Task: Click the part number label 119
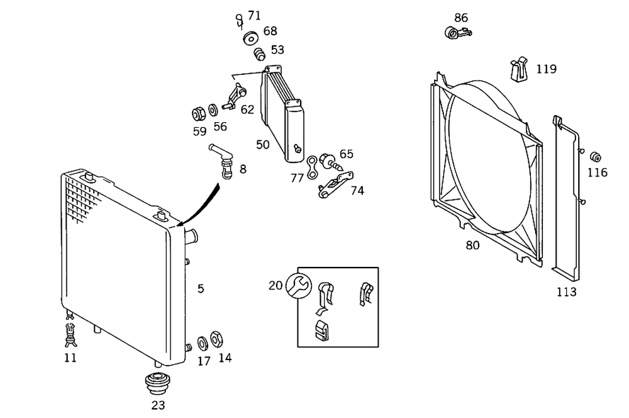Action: (547, 69)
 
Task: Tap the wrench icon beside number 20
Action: (298, 285)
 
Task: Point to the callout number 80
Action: (472, 246)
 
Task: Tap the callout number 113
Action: (566, 292)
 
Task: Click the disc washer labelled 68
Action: (252, 38)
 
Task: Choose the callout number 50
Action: (262, 145)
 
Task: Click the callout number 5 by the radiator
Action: (201, 289)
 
